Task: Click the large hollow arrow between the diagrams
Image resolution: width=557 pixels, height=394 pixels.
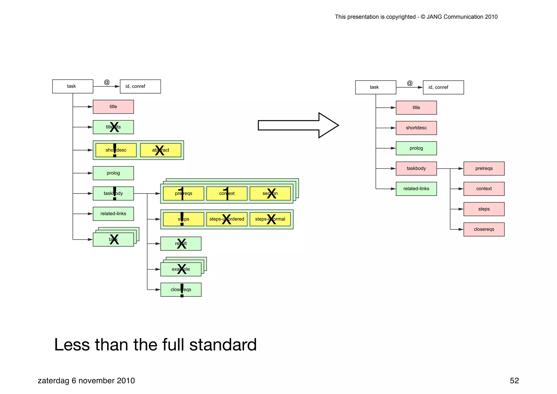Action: [x=298, y=125]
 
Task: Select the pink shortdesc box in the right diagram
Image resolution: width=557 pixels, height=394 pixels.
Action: [x=416, y=128]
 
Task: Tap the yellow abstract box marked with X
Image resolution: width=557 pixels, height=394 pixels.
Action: [x=160, y=150]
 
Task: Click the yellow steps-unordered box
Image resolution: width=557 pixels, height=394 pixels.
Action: [x=227, y=219]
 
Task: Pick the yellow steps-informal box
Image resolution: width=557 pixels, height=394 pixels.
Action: [x=270, y=219]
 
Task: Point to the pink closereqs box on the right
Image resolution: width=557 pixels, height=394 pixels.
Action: [x=484, y=229]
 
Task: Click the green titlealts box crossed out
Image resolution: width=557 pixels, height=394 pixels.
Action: [x=113, y=127]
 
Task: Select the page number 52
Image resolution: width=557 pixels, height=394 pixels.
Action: [x=514, y=380]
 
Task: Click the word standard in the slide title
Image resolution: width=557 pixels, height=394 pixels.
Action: [x=223, y=345]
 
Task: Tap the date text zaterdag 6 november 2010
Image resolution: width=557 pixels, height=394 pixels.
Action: [x=86, y=380]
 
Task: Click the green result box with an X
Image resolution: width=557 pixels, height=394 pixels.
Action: [x=181, y=244]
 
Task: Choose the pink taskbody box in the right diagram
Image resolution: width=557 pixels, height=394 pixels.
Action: [x=416, y=169]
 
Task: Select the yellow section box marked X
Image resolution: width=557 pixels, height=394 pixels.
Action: [x=270, y=193]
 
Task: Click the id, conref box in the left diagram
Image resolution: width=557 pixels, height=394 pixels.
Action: [x=140, y=86]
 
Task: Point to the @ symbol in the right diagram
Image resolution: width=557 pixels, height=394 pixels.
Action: [x=410, y=83]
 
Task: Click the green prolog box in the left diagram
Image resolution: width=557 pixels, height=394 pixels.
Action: [x=113, y=173]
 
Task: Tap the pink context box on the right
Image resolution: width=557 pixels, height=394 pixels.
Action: [x=484, y=189]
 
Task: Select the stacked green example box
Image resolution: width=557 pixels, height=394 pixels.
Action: [x=181, y=269]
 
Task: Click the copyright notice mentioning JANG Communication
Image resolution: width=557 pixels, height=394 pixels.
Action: [x=416, y=17]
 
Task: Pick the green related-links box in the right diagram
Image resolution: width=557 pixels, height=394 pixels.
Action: [x=416, y=189]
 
